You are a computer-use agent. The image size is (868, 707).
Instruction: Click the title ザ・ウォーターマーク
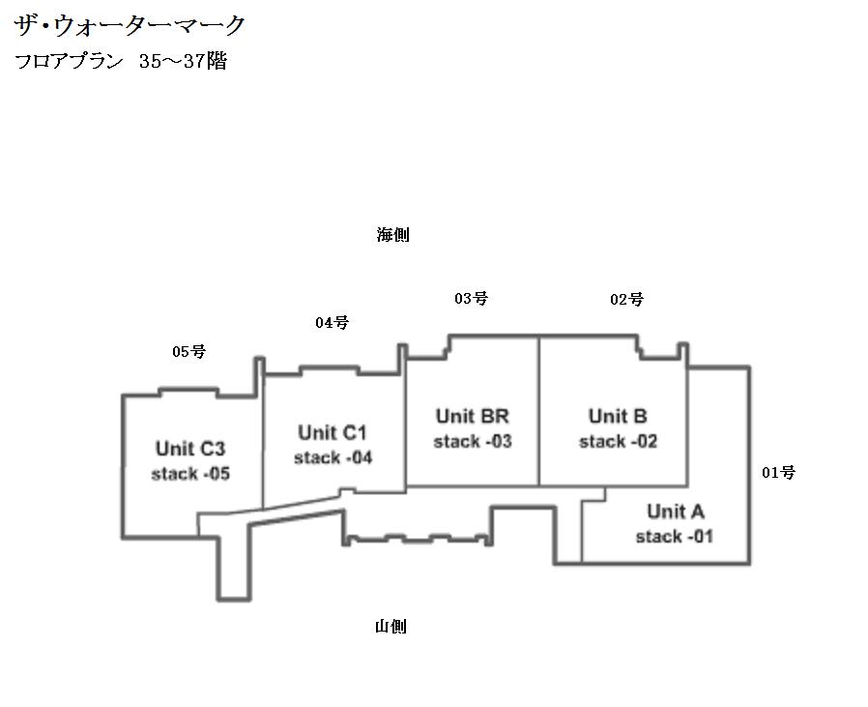pyautogui.click(x=130, y=25)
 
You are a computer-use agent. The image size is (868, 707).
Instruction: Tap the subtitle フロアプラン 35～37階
pyautogui.click(x=121, y=63)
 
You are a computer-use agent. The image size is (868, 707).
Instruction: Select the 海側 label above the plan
pyautogui.click(x=392, y=235)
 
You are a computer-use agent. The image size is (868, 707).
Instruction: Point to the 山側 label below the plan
pyautogui.click(x=391, y=627)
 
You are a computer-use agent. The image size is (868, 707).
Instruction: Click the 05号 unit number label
pyautogui.click(x=188, y=352)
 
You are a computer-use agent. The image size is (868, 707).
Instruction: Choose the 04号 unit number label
pyautogui.click(x=332, y=323)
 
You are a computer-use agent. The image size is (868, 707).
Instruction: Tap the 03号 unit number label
pyautogui.click(x=471, y=299)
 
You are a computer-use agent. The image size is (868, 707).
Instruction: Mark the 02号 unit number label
pyautogui.click(x=626, y=300)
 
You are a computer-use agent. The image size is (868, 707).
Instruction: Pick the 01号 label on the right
pyautogui.click(x=778, y=473)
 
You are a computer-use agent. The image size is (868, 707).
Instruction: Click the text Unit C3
pyautogui.click(x=190, y=449)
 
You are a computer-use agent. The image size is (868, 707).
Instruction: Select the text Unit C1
pyautogui.click(x=333, y=432)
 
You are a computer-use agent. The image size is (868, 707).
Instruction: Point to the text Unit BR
pyautogui.click(x=472, y=417)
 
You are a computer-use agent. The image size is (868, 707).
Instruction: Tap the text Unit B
pyautogui.click(x=618, y=417)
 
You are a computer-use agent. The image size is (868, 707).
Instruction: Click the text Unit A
pyautogui.click(x=676, y=512)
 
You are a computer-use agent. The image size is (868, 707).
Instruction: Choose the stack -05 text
pyautogui.click(x=190, y=474)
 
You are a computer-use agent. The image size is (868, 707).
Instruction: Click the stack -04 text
pyautogui.click(x=333, y=457)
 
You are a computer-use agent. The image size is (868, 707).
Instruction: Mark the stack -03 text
pyautogui.click(x=472, y=442)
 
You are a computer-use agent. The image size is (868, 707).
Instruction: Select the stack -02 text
pyautogui.click(x=618, y=442)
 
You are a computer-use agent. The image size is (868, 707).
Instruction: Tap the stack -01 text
pyautogui.click(x=675, y=537)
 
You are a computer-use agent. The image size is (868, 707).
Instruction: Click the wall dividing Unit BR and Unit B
pyautogui.click(x=538, y=411)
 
